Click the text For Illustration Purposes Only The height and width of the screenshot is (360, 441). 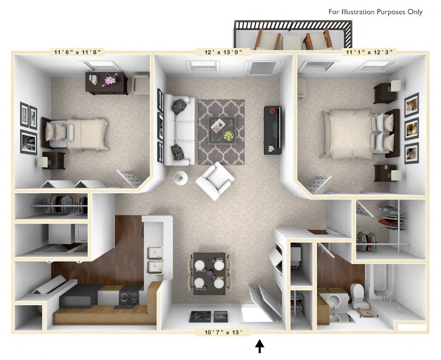pyautogui.click(x=375, y=12)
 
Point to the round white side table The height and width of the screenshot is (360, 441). pyautogui.click(x=180, y=177)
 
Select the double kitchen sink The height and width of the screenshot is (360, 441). pyautogui.click(x=155, y=260)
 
